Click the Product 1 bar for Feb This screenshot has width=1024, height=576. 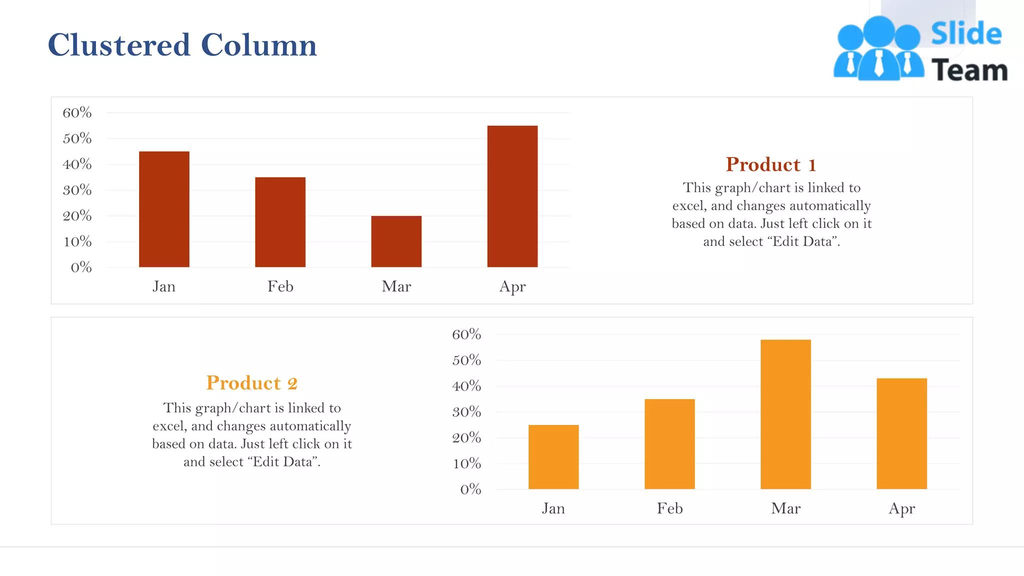(x=280, y=222)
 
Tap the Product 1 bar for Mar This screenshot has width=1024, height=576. (x=396, y=241)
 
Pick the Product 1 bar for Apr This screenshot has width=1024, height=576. (x=512, y=196)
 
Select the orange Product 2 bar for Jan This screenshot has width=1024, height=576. (x=553, y=457)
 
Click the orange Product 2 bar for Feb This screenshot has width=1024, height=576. (x=669, y=444)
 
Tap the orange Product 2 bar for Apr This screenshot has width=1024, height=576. (x=901, y=433)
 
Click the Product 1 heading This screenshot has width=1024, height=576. (x=771, y=164)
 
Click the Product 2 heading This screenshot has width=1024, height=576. (x=251, y=383)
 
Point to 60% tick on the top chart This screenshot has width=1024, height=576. (x=77, y=112)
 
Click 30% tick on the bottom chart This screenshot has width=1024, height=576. (x=466, y=412)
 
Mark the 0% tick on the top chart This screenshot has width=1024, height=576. (x=81, y=267)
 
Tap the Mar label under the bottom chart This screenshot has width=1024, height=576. (x=785, y=508)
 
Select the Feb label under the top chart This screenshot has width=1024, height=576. (x=280, y=286)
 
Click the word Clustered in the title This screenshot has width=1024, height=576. (x=119, y=45)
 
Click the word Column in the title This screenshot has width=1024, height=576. (x=258, y=45)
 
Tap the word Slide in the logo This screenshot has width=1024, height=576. (x=966, y=34)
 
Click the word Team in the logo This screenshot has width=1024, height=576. (x=969, y=70)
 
